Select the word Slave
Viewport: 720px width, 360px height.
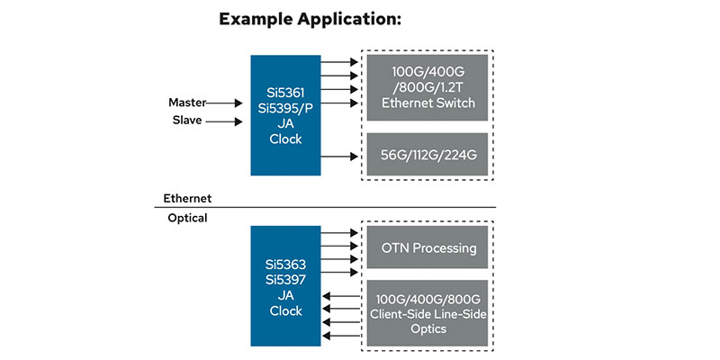186,121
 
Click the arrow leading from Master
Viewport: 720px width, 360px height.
228,103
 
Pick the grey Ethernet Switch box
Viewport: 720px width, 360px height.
427,88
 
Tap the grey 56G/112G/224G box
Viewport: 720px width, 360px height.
427,155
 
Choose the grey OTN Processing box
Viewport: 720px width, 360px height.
427,247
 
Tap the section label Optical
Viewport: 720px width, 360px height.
187,218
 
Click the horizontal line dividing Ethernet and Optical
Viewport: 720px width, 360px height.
324,208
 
